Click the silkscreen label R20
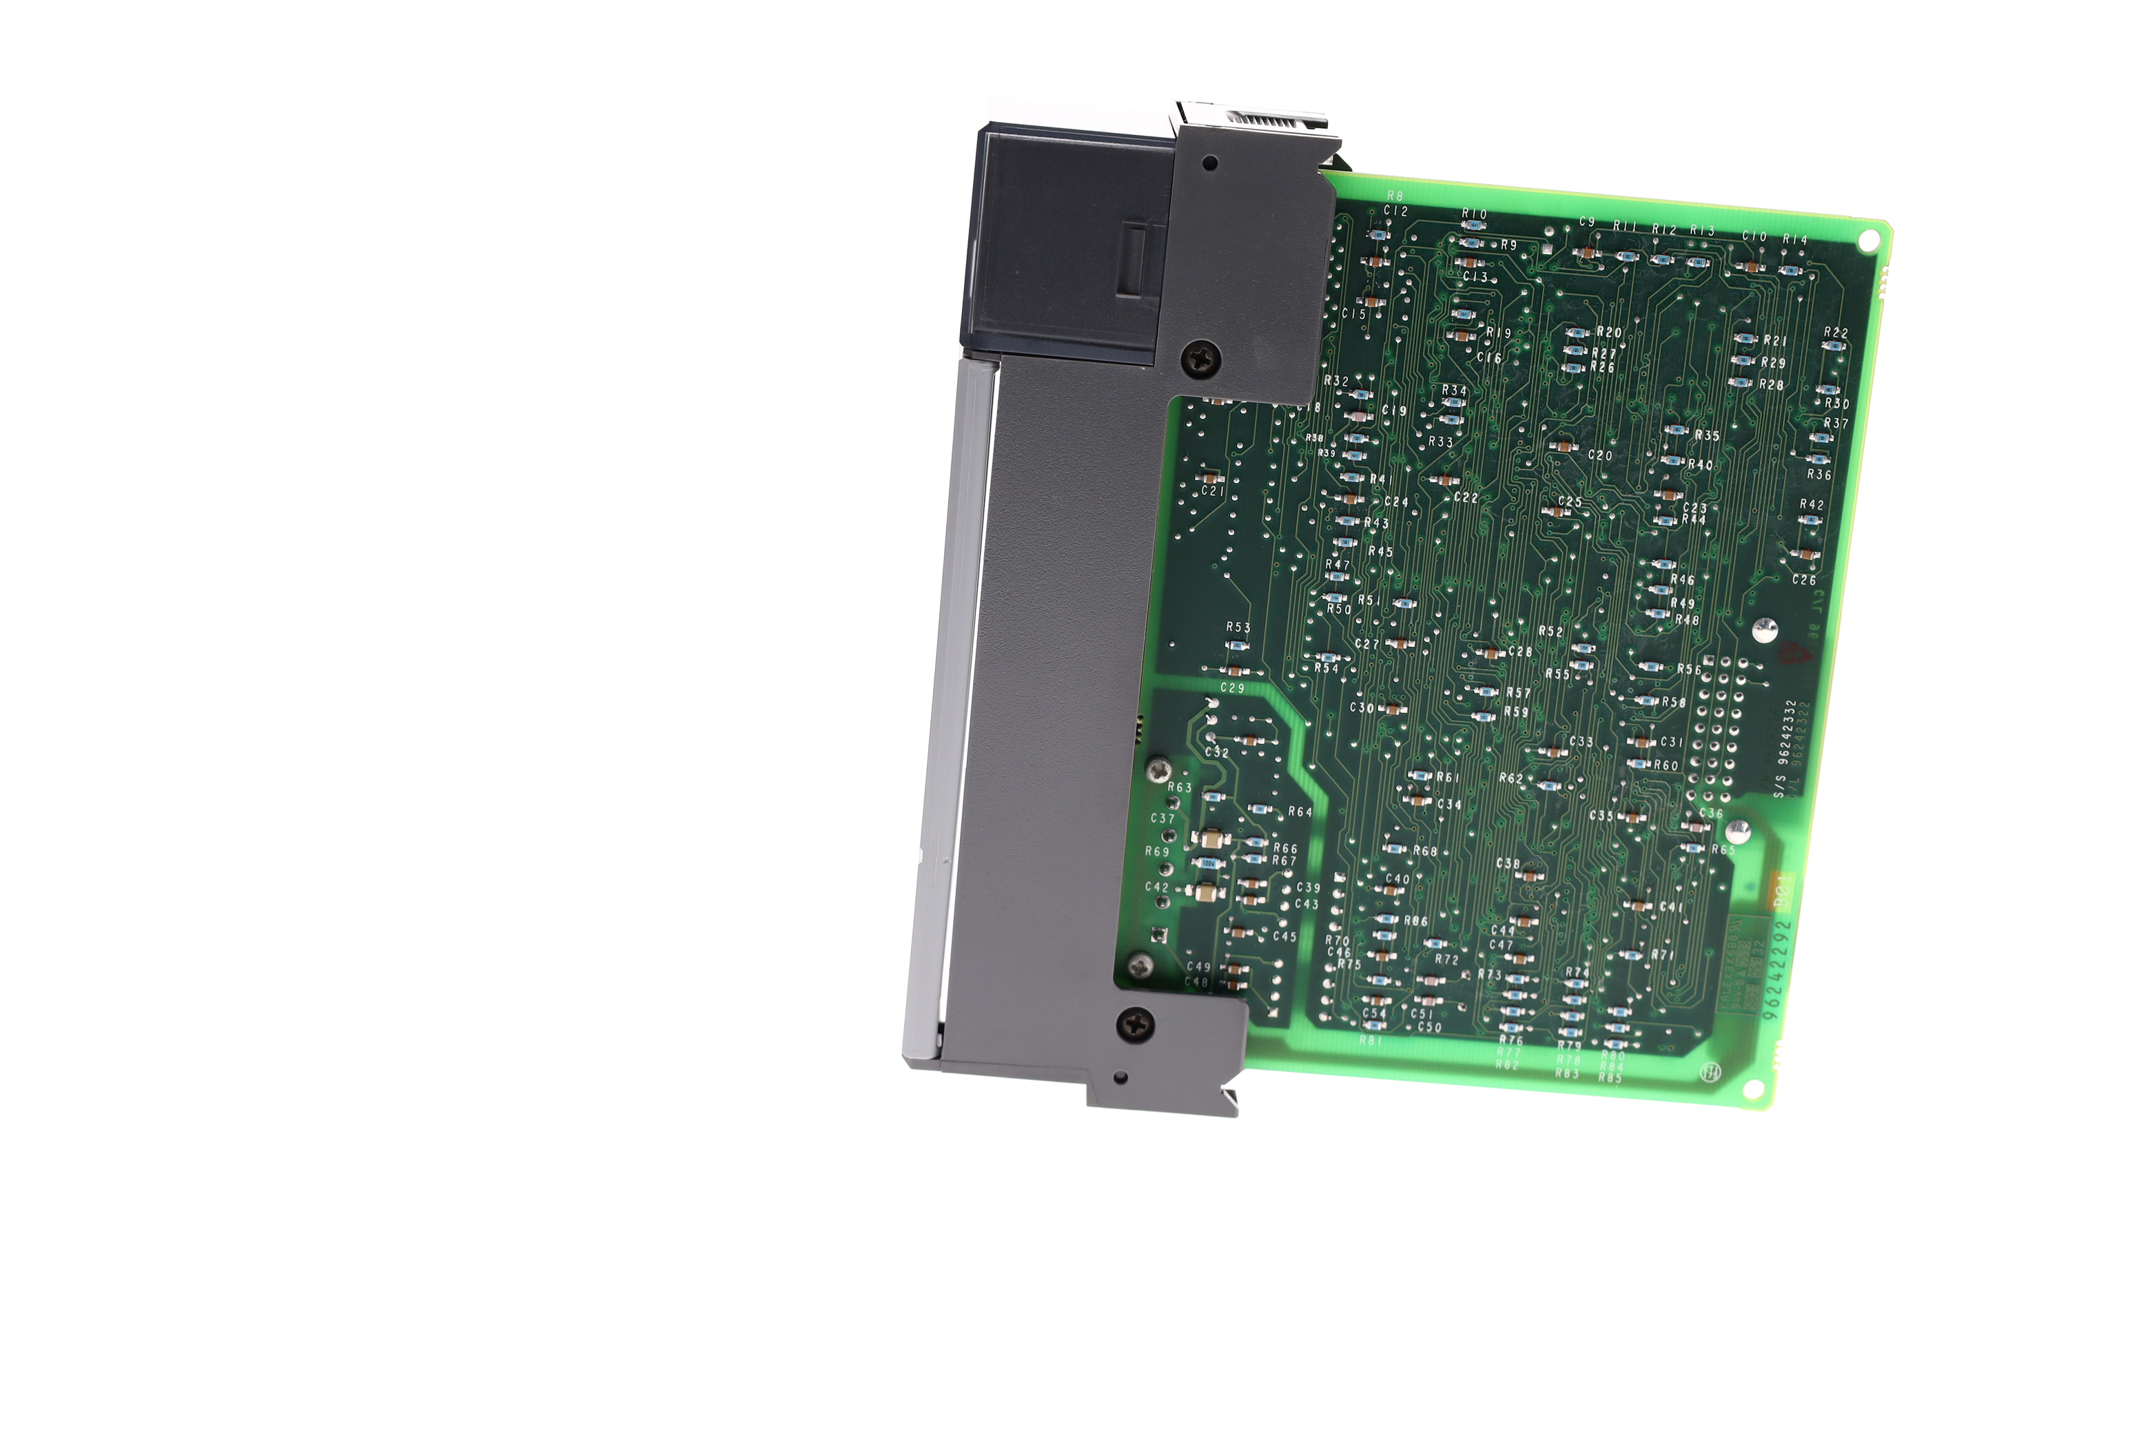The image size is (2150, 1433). (1609, 333)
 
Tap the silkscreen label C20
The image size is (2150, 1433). (1599, 455)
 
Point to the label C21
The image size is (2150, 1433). (1213, 491)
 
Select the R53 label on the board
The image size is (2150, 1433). (1238, 627)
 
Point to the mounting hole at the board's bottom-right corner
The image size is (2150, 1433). (1753, 1089)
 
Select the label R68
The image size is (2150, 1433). (1425, 851)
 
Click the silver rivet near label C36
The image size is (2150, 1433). (1738, 831)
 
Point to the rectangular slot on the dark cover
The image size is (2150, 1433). (1134, 260)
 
